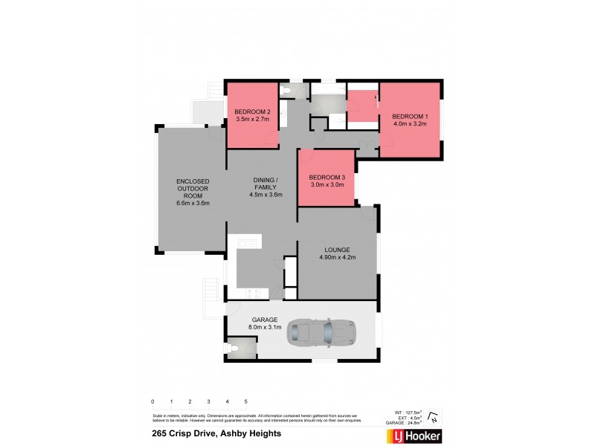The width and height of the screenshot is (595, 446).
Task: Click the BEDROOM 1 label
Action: [x=411, y=116]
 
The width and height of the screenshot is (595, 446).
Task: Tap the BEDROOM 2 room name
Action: [x=251, y=111]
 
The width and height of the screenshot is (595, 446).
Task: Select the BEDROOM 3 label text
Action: [x=327, y=177]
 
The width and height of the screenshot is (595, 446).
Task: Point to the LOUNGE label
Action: [x=337, y=250]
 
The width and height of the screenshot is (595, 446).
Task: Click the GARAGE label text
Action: [x=264, y=320]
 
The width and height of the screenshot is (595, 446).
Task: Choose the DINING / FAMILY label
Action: [x=266, y=184]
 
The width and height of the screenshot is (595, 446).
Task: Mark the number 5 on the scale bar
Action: [x=245, y=402]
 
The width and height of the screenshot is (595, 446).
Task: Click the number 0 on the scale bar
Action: [x=152, y=402]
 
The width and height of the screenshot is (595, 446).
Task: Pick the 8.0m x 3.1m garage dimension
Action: [x=264, y=328]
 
